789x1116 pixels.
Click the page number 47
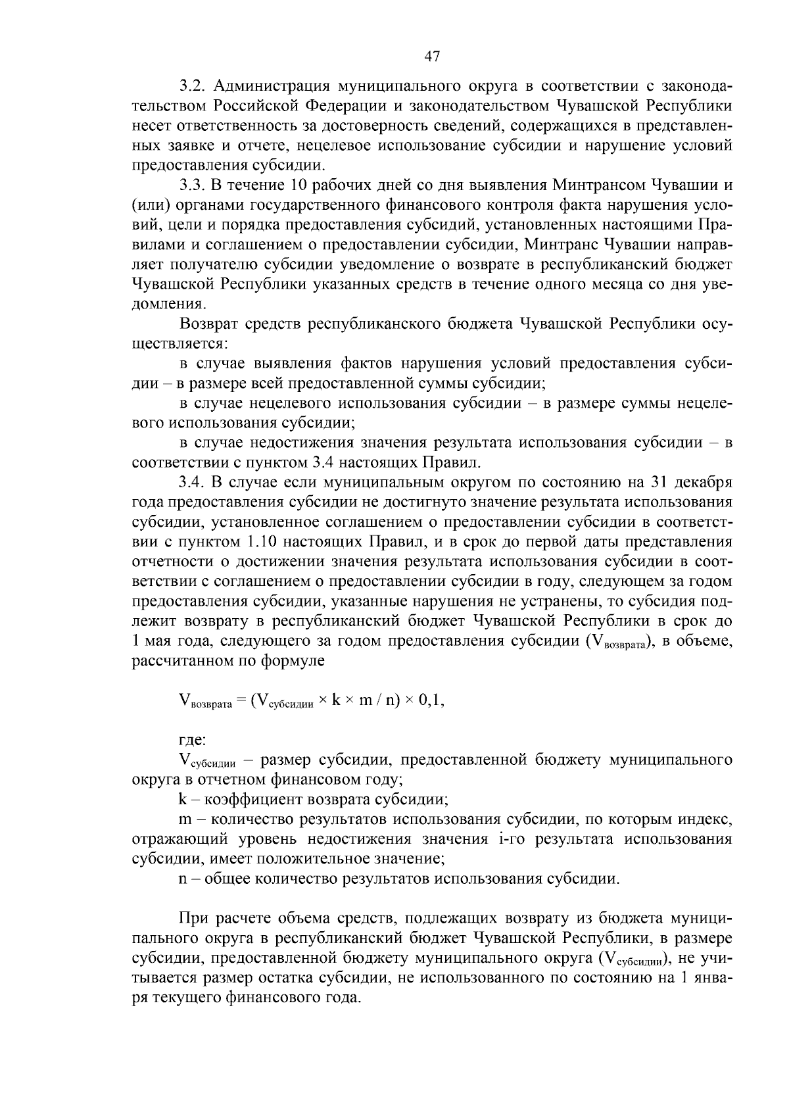[x=431, y=57]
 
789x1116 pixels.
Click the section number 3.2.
[x=193, y=86]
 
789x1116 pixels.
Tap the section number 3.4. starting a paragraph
[x=193, y=482]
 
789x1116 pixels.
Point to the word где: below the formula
[x=193, y=740]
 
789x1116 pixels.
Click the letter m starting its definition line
[x=184, y=819]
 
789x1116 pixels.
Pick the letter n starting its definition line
[x=182, y=879]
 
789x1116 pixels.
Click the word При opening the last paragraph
[x=194, y=918]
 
